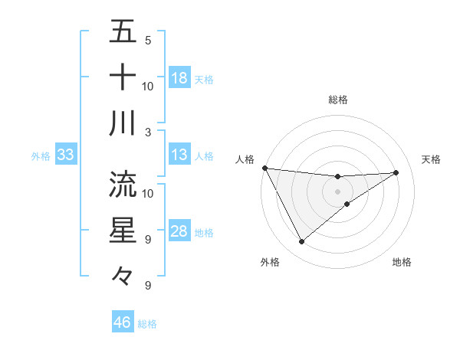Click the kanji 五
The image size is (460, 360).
click(x=123, y=32)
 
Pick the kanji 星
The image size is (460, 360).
click(x=123, y=230)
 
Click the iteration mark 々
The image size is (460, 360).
click(x=123, y=276)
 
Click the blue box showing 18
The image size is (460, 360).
click(x=179, y=78)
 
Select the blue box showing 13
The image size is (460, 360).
click(x=179, y=155)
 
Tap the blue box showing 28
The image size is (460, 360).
click(x=179, y=232)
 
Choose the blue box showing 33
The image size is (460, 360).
click(x=65, y=155)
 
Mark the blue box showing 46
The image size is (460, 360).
click(x=122, y=322)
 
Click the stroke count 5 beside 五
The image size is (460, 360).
click(x=148, y=40)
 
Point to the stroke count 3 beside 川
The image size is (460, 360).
click(x=148, y=131)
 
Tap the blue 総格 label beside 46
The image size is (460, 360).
click(x=147, y=324)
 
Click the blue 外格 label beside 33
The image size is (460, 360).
click(x=41, y=156)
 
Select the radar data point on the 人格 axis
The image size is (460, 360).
click(x=264, y=168)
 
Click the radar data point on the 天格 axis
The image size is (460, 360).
click(x=396, y=172)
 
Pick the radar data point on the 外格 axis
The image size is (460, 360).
click(x=301, y=242)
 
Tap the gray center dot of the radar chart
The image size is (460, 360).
click(x=337, y=191)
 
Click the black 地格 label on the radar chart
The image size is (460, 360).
click(x=402, y=262)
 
